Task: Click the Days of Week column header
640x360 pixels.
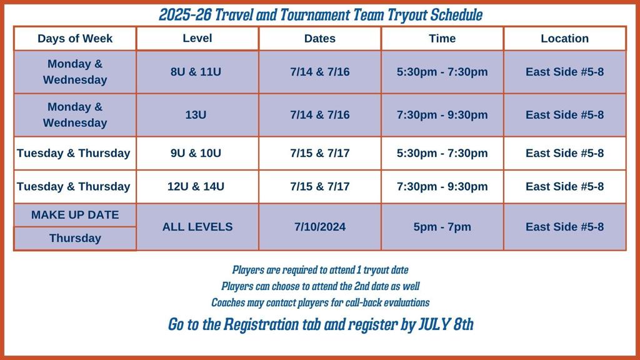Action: pyautogui.click(x=75, y=38)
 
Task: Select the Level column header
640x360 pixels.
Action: pyautogui.click(x=197, y=38)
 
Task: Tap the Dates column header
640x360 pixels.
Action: pyautogui.click(x=320, y=38)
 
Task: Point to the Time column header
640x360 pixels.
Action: pyautogui.click(x=442, y=38)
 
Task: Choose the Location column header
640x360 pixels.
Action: pyautogui.click(x=565, y=38)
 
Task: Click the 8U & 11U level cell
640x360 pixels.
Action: pyautogui.click(x=197, y=72)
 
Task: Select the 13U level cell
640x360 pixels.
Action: pyautogui.click(x=197, y=115)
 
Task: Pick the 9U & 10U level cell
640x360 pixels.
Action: pyautogui.click(x=197, y=153)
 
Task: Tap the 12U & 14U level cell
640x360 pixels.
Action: pyautogui.click(x=197, y=186)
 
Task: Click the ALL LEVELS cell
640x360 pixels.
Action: pyautogui.click(x=197, y=227)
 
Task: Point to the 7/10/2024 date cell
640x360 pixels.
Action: pyautogui.click(x=320, y=227)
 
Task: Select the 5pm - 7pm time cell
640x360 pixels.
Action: pyautogui.click(x=442, y=227)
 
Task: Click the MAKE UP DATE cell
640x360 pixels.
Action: pyautogui.click(x=75, y=215)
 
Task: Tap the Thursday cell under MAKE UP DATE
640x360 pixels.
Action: pyautogui.click(x=75, y=238)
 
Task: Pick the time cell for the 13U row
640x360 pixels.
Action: pyautogui.click(x=442, y=115)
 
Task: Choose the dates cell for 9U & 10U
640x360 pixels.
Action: pyautogui.click(x=320, y=153)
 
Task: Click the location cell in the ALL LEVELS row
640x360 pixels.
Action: pyautogui.click(x=565, y=227)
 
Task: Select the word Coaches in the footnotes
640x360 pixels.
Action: pyautogui.click(x=224, y=302)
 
